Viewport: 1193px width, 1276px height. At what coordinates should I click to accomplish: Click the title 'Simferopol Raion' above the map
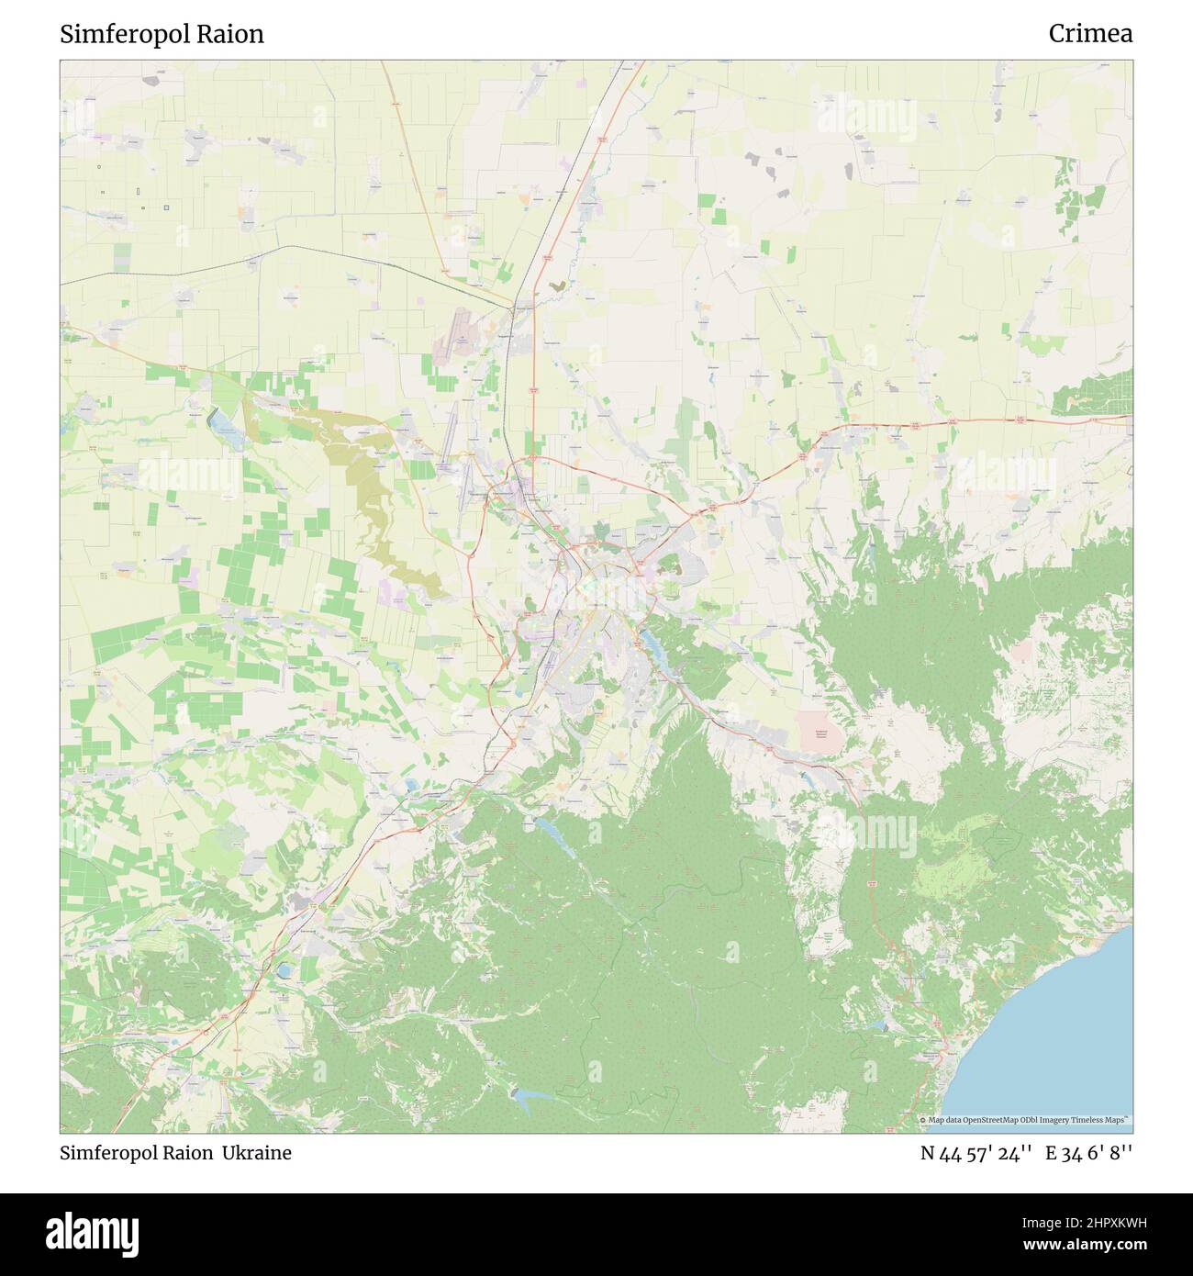[x=162, y=34]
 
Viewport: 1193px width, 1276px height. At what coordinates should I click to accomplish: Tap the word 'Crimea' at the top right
[x=1090, y=34]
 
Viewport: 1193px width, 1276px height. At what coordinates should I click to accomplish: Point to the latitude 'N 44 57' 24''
[x=976, y=1153]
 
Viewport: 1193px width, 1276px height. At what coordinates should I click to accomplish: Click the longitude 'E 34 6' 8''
[x=1092, y=1153]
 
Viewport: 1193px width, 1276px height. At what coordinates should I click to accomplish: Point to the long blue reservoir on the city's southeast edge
[x=660, y=644]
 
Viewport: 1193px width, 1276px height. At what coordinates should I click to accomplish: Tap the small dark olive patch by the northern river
[x=557, y=286]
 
